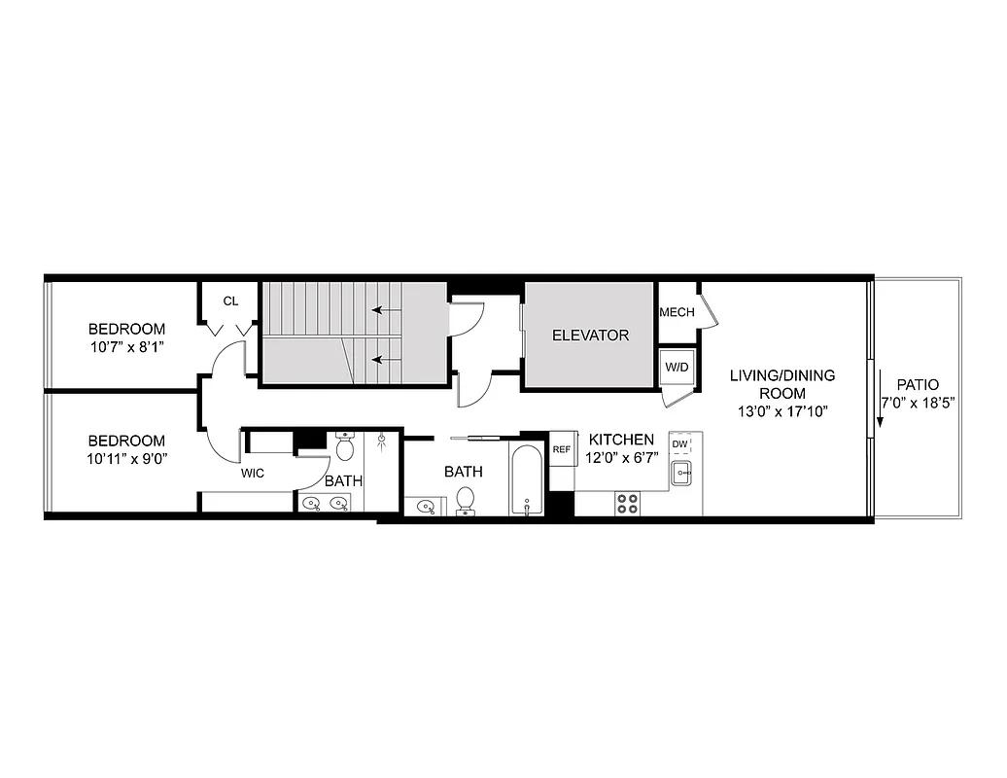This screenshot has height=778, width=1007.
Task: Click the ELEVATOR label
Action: (590, 336)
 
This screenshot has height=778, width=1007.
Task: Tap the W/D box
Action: (676, 369)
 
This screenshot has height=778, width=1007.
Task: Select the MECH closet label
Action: (677, 312)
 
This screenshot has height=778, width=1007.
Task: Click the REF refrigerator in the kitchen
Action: (561, 449)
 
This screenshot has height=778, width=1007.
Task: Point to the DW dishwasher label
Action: (679, 445)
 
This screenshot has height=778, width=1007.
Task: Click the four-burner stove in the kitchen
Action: (628, 503)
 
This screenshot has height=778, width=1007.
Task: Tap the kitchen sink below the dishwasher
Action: (680, 475)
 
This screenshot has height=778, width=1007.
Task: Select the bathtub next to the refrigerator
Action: (526, 480)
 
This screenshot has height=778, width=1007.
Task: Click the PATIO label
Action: (918, 384)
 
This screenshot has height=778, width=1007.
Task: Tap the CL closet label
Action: (230, 301)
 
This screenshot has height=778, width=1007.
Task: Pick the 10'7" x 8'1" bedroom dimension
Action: (127, 346)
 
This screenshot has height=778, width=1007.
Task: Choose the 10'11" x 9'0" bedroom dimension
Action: (126, 458)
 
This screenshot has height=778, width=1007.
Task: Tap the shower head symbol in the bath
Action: (382, 439)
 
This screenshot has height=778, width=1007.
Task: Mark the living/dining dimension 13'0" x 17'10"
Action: (782, 410)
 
